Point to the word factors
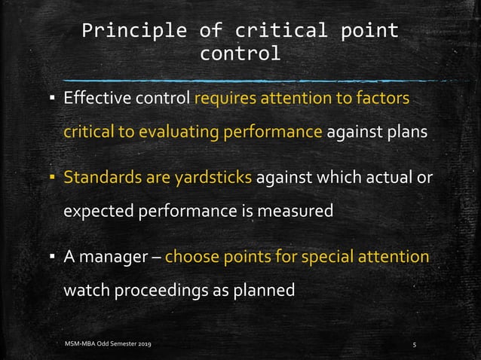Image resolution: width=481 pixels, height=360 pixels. pyautogui.click(x=382, y=99)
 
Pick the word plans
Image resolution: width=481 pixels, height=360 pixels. pyautogui.click(x=407, y=132)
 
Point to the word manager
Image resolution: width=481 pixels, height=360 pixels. pyautogui.click(x=114, y=258)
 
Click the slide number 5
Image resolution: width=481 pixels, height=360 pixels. pyautogui.click(x=415, y=344)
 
